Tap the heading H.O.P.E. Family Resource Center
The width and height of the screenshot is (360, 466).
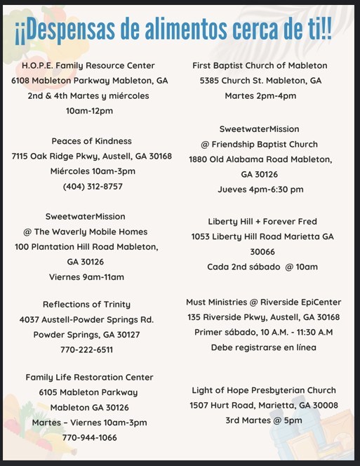[x=90, y=65]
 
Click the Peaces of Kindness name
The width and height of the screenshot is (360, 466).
[x=92, y=141]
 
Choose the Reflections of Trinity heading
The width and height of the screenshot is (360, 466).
[x=87, y=304]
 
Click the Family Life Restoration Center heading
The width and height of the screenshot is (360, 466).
[x=89, y=377]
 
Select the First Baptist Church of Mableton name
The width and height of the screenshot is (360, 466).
[x=260, y=65]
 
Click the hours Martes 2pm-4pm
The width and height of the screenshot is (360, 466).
[x=260, y=96]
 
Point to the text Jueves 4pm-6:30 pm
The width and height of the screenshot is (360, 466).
[x=260, y=189]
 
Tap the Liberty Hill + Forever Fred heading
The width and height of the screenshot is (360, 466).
[x=260, y=221]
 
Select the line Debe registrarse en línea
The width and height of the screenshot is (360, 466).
[x=264, y=347]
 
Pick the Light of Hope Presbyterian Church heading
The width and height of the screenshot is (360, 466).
[x=264, y=390]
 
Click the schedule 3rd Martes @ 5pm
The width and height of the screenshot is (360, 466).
[x=264, y=420]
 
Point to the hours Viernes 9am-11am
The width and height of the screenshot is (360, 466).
[x=85, y=277]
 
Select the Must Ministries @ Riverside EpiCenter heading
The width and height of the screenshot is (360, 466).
[x=264, y=302]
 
